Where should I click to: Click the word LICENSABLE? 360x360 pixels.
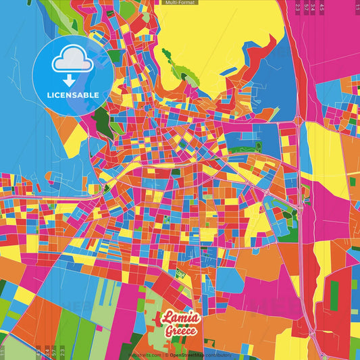tap(73, 95)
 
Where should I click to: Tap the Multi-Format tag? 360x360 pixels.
tap(180, 3)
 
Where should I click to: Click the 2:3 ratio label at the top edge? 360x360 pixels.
tap(298, 7)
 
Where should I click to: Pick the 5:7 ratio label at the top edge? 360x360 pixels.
tap(307, 7)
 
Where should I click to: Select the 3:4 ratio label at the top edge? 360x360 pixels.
tap(314, 7)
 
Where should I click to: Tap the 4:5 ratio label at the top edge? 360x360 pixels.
tap(322, 7)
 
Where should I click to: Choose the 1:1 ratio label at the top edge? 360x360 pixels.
tap(356, 7)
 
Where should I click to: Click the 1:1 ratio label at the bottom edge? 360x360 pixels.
tap(3, 353)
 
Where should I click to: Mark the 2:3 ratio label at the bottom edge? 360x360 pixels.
tap(62, 353)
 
